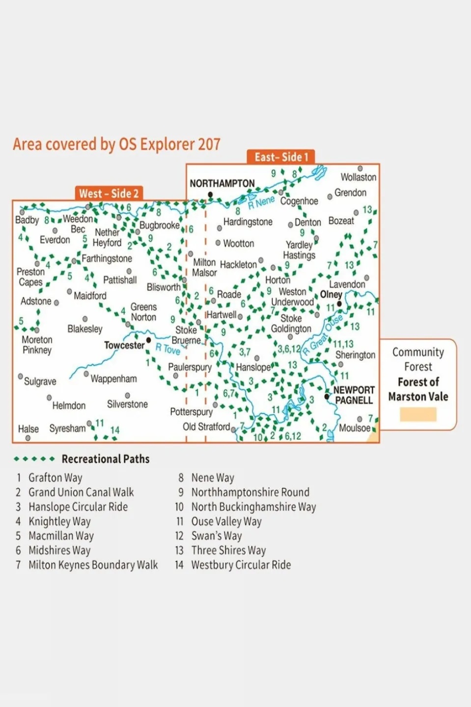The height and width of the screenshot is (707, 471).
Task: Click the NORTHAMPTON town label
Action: tap(222, 184)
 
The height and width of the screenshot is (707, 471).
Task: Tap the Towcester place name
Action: tap(124, 345)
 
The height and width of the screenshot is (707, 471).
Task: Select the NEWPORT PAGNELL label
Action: tap(354, 395)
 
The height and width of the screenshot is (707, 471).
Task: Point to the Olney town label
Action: tap(331, 294)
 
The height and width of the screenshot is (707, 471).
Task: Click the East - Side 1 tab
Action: tap(281, 157)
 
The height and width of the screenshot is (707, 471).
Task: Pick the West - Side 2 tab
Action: tap(109, 194)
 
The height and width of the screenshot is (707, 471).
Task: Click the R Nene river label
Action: tap(261, 202)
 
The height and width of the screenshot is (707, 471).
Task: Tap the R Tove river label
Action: tap(168, 349)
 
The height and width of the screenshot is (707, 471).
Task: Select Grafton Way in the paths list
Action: tap(55, 478)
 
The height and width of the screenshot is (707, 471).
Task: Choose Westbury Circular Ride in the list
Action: tap(241, 565)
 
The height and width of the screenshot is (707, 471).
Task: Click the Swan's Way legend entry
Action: tap(217, 536)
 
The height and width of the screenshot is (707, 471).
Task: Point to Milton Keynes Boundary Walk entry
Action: tap(93, 565)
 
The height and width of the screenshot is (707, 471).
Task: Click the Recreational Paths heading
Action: tap(105, 459)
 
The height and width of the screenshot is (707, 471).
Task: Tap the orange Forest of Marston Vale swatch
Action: tap(418, 414)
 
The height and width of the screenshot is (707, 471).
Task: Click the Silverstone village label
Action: tap(127, 404)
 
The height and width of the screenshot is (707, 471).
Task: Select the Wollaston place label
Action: tap(359, 177)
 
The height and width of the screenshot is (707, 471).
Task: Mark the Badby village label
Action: tap(27, 220)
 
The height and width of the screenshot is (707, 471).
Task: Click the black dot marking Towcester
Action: tap(148, 340)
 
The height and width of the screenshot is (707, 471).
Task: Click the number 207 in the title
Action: tap(209, 144)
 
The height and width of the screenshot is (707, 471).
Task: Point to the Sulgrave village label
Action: tap(40, 381)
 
